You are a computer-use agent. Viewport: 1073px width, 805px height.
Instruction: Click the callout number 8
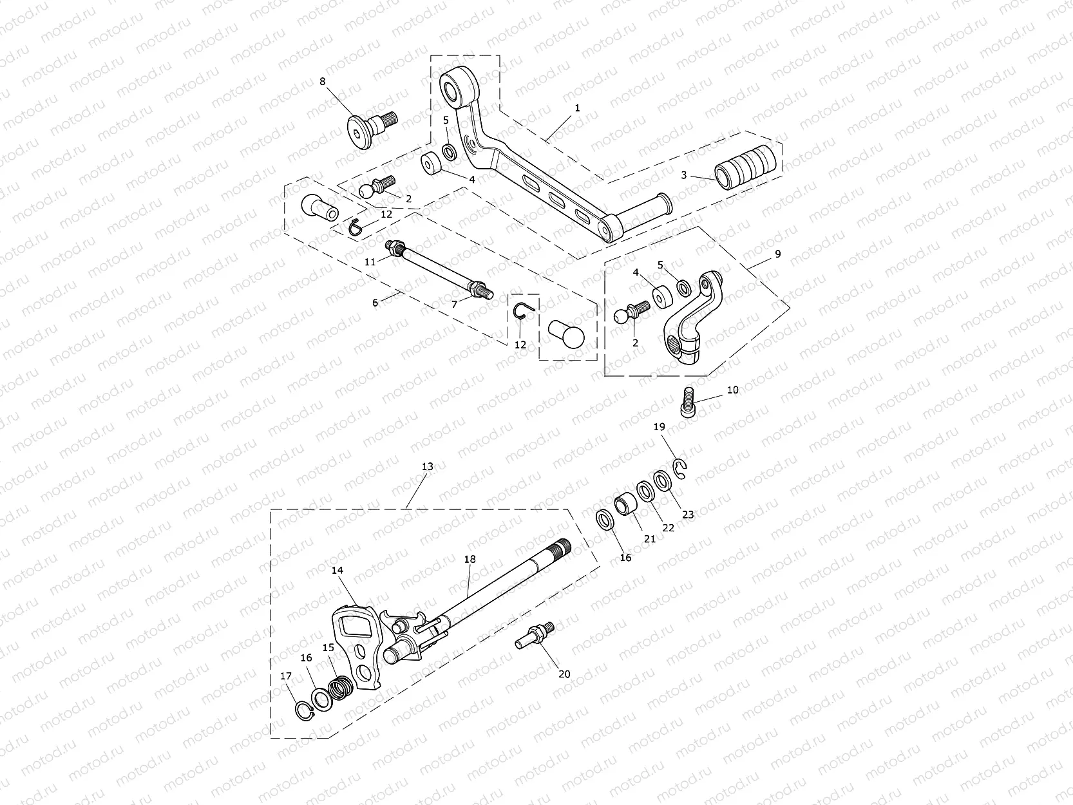323,81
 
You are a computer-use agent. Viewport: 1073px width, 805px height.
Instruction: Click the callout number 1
577,108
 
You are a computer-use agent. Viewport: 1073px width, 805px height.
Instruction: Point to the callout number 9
777,254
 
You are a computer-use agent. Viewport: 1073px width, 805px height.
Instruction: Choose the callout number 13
427,466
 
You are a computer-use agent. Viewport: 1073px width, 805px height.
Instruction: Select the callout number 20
564,674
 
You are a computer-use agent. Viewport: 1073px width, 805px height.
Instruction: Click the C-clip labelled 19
682,469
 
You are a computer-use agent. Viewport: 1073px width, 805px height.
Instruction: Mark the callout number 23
688,515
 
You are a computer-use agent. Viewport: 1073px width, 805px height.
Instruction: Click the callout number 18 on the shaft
470,559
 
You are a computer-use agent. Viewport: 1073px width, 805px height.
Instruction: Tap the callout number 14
338,570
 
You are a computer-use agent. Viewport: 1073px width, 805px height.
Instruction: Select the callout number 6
375,302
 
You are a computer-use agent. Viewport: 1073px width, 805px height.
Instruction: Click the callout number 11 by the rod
370,262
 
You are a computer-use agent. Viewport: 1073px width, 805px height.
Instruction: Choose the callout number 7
454,304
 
